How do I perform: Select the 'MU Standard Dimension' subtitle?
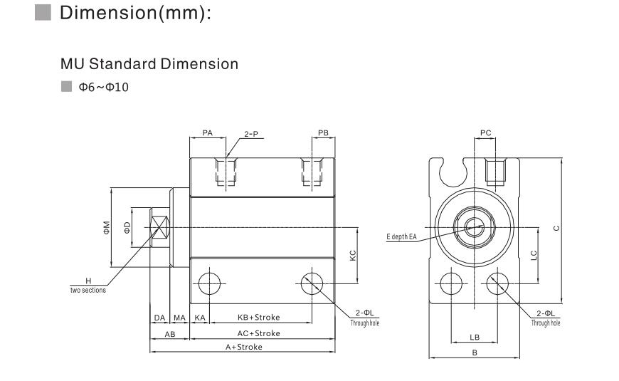(149, 64)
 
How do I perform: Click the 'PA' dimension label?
(207, 132)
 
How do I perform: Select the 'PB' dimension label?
(322, 132)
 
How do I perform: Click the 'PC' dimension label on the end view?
(486, 132)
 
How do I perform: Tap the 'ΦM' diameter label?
(106, 227)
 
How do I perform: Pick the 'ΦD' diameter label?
(127, 227)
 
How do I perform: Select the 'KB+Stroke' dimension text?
(258, 317)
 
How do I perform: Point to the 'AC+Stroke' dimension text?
(258, 333)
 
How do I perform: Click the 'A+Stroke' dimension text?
(244, 347)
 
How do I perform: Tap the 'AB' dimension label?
(170, 333)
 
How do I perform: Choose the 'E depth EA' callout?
(402, 236)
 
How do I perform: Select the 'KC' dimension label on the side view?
(353, 256)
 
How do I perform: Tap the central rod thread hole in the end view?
(475, 227)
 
